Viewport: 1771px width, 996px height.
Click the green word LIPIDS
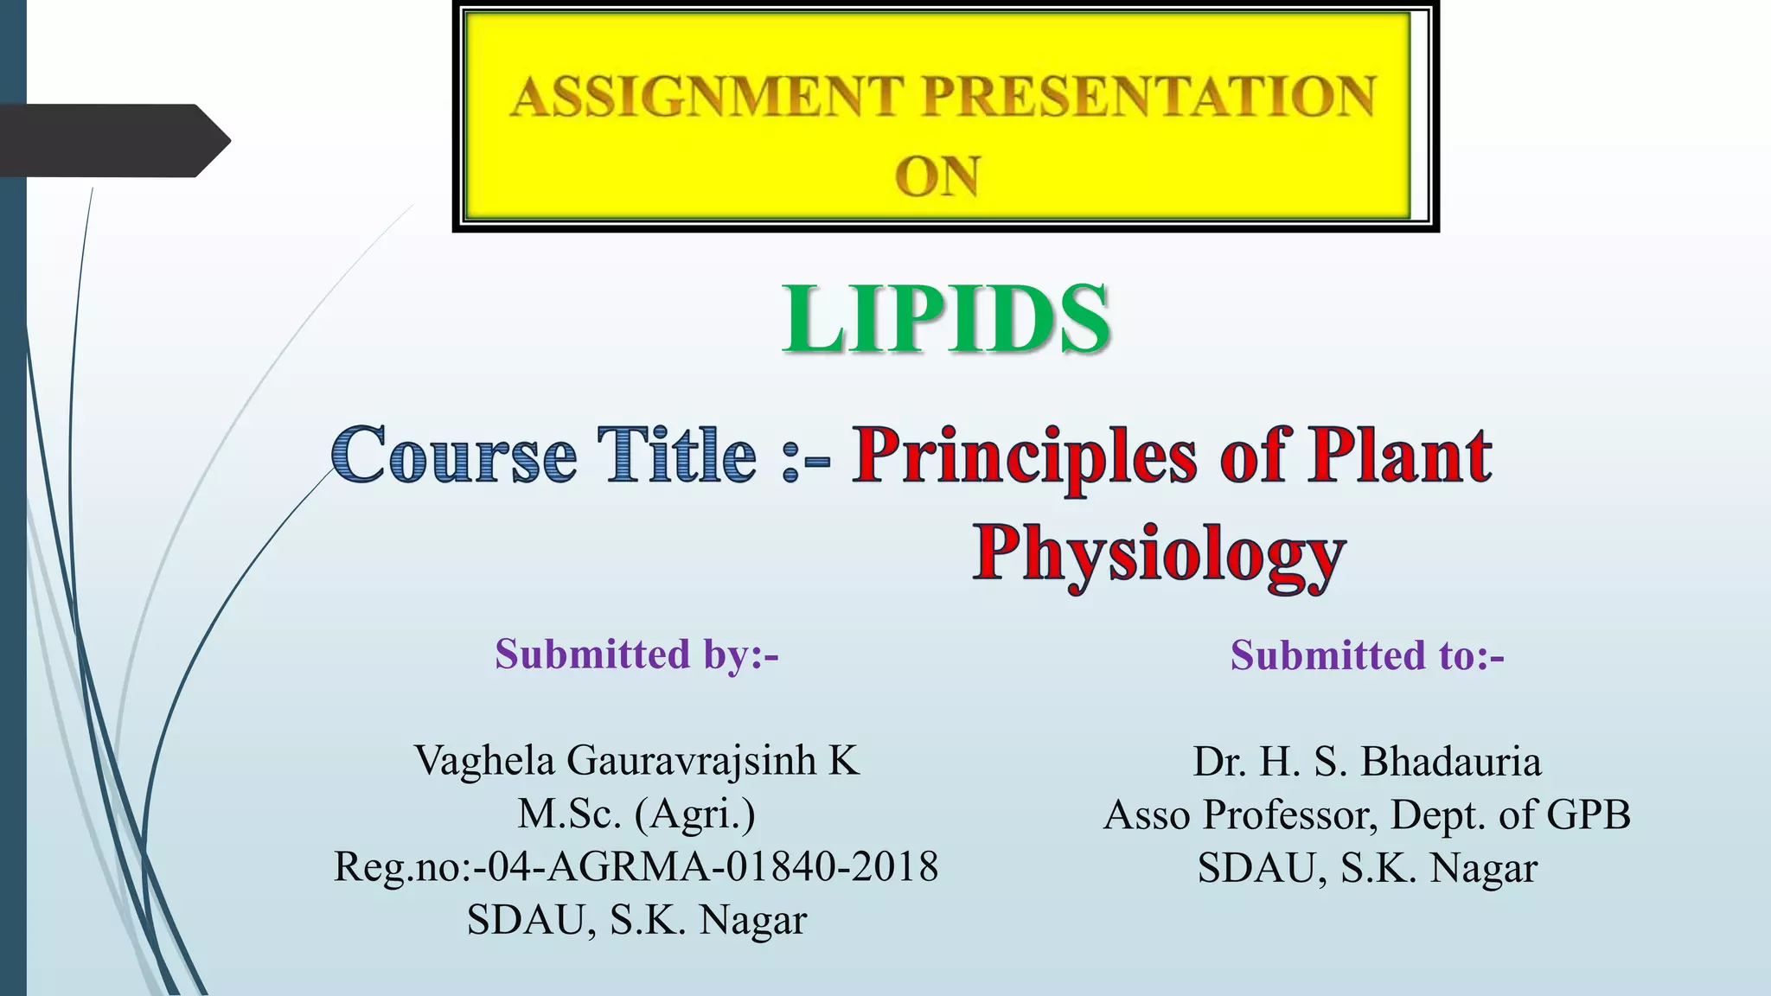click(945, 320)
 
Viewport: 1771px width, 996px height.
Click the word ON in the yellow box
click(937, 176)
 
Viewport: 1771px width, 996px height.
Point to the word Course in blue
click(453, 456)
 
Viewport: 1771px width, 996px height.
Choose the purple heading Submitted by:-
click(636, 654)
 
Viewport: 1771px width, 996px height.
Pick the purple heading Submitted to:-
click(1367, 655)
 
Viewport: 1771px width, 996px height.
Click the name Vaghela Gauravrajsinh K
click(636, 761)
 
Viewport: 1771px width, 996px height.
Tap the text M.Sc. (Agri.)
click(636, 814)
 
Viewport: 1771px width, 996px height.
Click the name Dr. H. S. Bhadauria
click(1367, 762)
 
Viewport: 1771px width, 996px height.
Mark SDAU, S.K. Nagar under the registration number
click(636, 920)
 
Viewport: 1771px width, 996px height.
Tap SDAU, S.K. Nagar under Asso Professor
click(1367, 868)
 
